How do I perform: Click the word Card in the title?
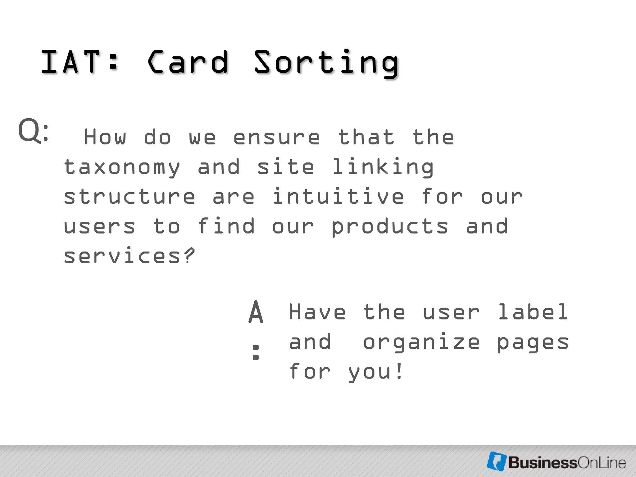coord(188,62)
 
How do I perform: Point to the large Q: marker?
coord(33,131)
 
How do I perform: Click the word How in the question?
coord(105,137)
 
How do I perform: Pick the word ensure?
coord(276,138)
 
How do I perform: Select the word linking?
coord(383,167)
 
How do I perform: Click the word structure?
coord(129,197)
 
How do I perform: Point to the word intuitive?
coord(338,196)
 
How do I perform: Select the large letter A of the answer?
coord(256,312)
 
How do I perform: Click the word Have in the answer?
coord(317,312)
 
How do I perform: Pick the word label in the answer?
coord(533,312)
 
